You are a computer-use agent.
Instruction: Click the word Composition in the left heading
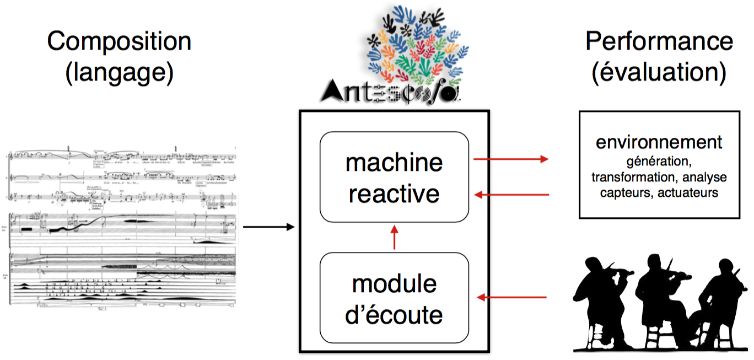[x=119, y=42]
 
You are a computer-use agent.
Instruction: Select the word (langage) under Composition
[x=119, y=73]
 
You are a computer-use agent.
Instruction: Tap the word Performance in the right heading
[x=659, y=42]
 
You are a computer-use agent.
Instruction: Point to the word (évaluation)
[x=659, y=73]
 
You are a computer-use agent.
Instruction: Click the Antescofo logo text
[x=390, y=91]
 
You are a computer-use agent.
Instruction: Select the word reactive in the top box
[x=394, y=194]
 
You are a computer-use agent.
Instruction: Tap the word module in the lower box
[x=394, y=283]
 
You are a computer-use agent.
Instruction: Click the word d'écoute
[x=394, y=315]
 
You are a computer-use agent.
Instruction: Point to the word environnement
[x=659, y=142]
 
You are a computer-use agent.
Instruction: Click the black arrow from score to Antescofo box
[x=268, y=227]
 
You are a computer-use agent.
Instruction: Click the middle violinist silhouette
[x=661, y=298]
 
